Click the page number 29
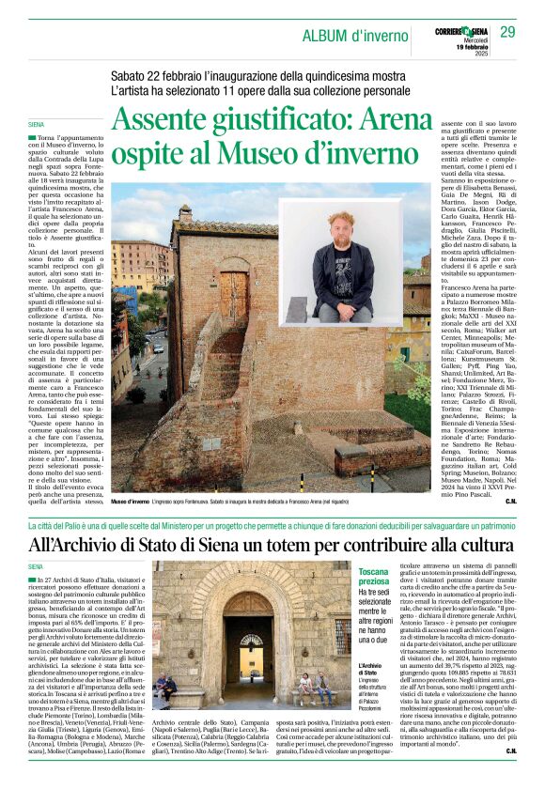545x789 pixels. (507, 33)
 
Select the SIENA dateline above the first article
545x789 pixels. (39, 122)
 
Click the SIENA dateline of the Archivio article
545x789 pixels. (38, 567)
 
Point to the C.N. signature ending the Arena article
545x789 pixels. (510, 502)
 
